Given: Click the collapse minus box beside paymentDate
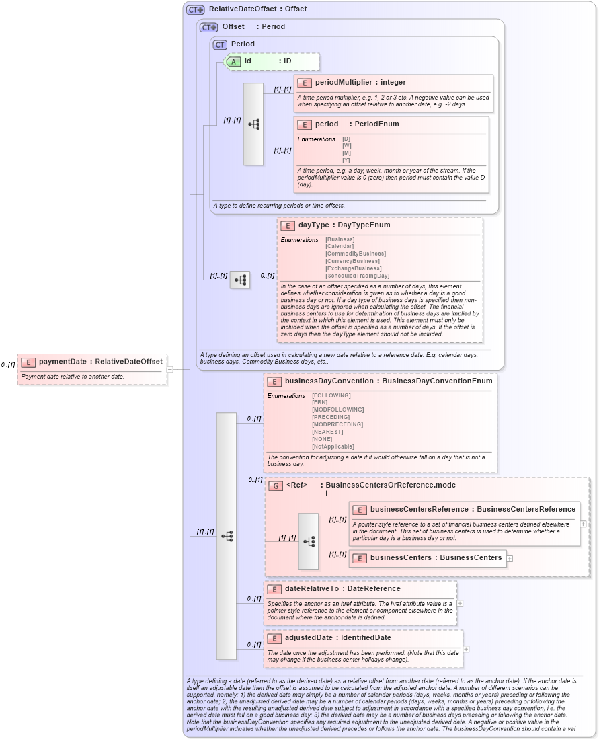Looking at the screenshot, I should (170, 368).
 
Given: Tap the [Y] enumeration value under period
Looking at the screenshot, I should (346, 160).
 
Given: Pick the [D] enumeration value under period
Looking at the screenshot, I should (346, 139).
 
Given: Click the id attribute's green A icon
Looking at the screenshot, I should (233, 61).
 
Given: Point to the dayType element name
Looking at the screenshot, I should (313, 225).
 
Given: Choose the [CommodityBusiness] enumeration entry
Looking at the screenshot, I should (356, 254).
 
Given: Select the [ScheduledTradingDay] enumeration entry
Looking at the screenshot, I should (358, 276).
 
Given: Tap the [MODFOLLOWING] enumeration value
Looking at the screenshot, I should (338, 410).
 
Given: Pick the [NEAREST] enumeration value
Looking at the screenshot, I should (327, 432).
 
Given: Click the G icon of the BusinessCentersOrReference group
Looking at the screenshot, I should (275, 485).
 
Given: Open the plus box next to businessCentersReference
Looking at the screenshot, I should (583, 524).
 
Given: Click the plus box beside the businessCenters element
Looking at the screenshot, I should (510, 558).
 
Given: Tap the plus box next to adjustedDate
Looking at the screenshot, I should (466, 649).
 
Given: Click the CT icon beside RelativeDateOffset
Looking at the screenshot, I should (195, 9).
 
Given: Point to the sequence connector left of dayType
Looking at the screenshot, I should (239, 280).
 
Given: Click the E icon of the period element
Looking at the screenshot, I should (305, 124).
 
